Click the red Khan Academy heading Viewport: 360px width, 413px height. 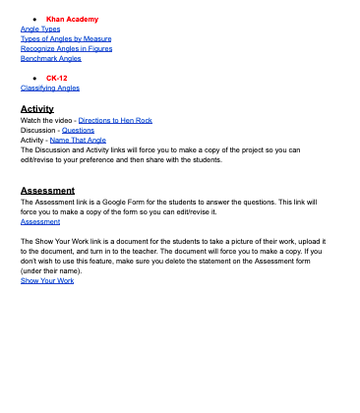point(72,20)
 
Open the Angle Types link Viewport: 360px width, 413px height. point(40,29)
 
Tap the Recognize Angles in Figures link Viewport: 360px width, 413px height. point(66,49)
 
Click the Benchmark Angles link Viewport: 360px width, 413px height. point(50,59)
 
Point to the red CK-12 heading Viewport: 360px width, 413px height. point(57,78)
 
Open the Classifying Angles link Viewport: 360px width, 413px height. point(50,88)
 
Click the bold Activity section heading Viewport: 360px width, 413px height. point(37,108)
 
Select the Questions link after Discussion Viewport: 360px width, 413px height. point(78,130)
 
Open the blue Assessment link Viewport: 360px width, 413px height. point(40,221)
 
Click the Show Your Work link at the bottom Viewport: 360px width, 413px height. point(47,280)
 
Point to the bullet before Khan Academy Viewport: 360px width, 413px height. point(35,20)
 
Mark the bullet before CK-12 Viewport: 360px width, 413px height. point(35,78)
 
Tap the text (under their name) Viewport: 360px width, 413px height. point(49,270)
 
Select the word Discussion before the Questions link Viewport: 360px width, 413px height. point(37,130)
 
